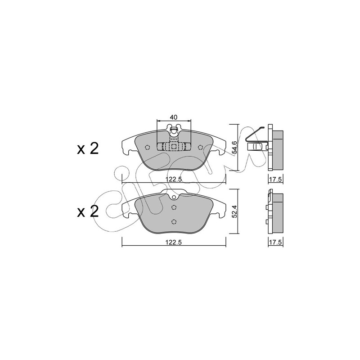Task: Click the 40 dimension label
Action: [x=174, y=117]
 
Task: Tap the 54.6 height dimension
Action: [x=234, y=148]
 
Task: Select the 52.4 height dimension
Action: [x=234, y=211]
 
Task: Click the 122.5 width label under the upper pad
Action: [x=174, y=179]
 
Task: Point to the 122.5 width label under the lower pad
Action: [x=174, y=242]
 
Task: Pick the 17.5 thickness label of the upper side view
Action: [x=276, y=179]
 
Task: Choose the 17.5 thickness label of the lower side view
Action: [x=276, y=242]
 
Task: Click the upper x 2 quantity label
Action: [x=88, y=149]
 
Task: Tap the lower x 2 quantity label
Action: [x=88, y=211]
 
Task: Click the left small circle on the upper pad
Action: [x=148, y=147]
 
